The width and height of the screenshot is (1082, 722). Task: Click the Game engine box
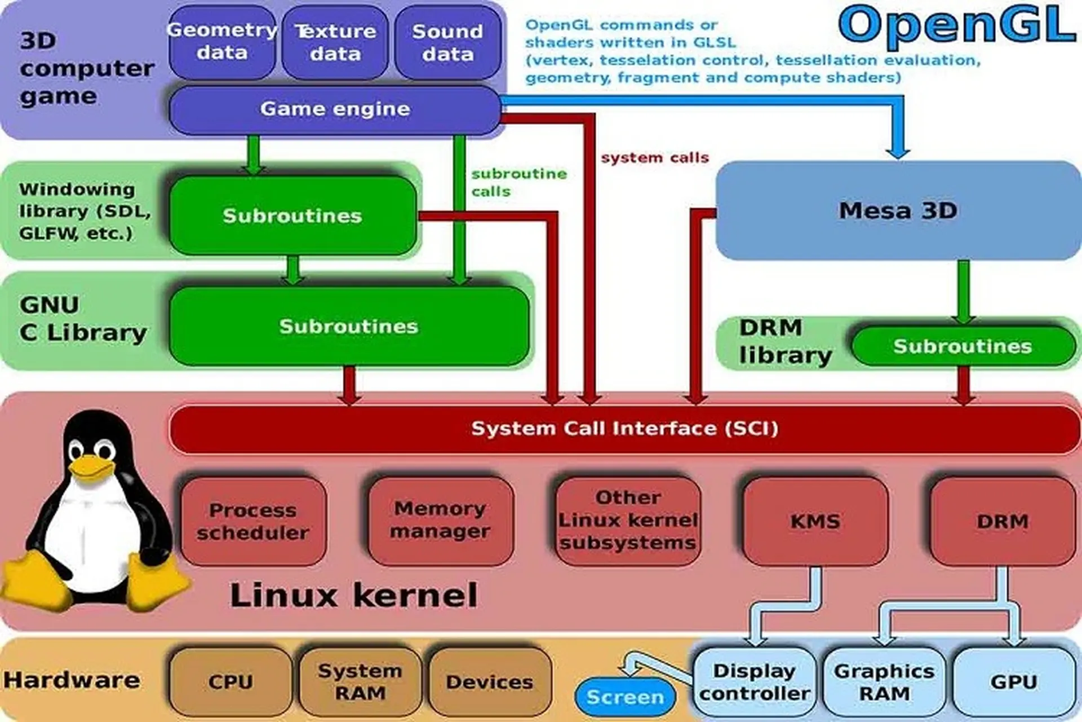tap(335, 109)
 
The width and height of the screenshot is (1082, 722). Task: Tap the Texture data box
tap(335, 42)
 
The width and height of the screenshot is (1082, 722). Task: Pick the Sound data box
tap(447, 42)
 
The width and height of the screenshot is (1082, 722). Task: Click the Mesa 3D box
tap(898, 210)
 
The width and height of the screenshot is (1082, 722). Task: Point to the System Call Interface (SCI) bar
tap(624, 429)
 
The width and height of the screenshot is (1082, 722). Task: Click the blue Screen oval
tap(625, 697)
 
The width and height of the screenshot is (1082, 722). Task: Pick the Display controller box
tap(754, 682)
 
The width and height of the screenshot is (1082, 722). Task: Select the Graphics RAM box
tap(884, 682)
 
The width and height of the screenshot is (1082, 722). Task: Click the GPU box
tap(1014, 682)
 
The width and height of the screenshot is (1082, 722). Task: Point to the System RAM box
tap(360, 682)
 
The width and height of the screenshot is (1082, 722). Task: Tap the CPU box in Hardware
tap(230, 682)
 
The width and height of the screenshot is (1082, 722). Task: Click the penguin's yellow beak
tap(90, 468)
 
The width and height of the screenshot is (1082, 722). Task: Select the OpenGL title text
tap(956, 25)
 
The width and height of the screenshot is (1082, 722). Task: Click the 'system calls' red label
tap(655, 158)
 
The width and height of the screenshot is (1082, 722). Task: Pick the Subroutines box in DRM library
tap(963, 346)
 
